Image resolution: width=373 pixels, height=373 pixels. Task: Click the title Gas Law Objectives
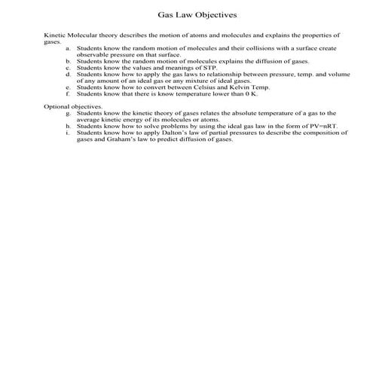[186, 14]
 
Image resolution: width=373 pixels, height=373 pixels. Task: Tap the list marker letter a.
[69, 47]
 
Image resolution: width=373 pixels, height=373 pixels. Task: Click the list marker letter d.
[69, 74]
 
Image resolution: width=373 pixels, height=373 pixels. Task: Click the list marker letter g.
[69, 113]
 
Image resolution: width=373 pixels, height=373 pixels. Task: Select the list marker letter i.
[69, 133]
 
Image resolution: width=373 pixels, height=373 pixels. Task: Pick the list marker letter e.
[69, 87]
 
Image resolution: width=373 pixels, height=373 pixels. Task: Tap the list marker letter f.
[69, 94]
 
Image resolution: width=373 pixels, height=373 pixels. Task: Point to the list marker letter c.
[69, 67]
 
